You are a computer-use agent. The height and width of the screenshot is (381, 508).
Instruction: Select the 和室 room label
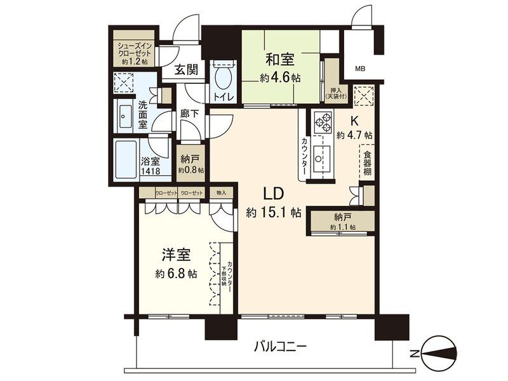(x=279, y=60)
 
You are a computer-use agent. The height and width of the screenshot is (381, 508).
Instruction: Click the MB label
(x=360, y=69)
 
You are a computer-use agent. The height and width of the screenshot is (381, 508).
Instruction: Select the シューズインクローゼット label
(x=133, y=53)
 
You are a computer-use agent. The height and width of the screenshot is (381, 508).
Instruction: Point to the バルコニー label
(x=281, y=347)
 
